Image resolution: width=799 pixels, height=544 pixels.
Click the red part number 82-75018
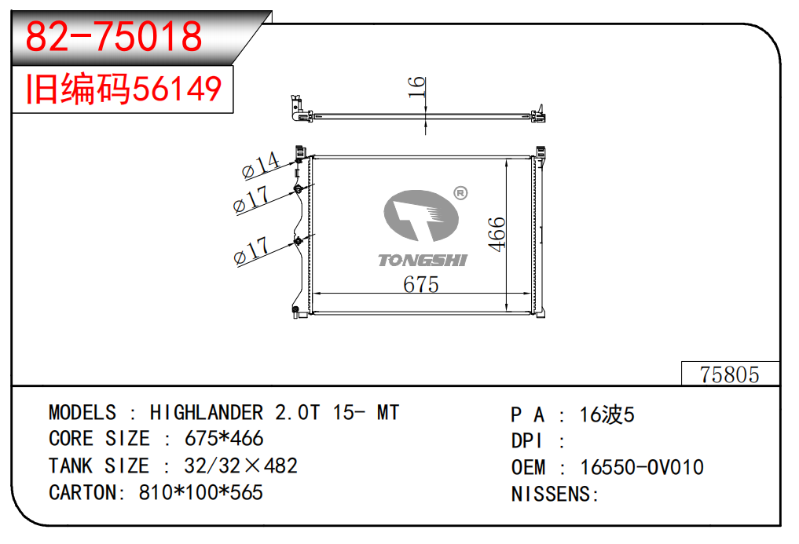pos(114,36)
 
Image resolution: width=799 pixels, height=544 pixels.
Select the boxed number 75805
pos(730,374)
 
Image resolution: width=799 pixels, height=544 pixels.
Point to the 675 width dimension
pos(421,284)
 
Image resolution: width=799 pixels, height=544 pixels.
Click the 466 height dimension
pos(497,234)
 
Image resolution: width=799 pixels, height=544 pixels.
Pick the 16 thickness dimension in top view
pos(416,86)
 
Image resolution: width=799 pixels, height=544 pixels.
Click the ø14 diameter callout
pos(260,165)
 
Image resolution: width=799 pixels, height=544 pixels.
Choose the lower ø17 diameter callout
pos(251,250)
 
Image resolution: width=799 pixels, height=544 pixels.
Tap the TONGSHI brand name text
pos(423,261)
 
